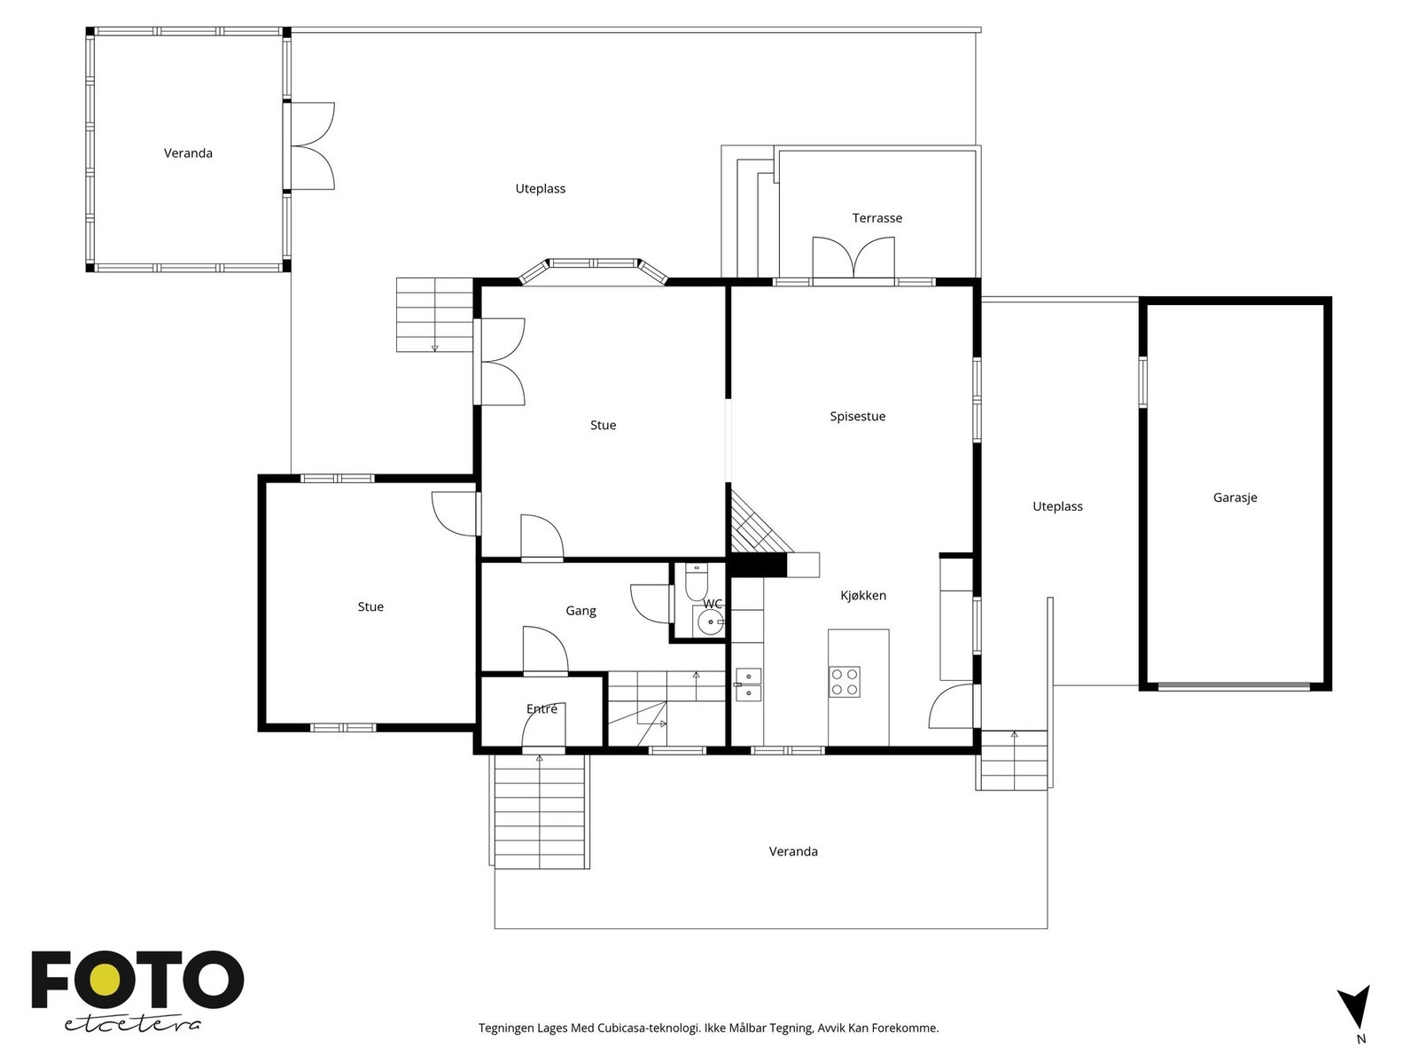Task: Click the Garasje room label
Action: click(1235, 498)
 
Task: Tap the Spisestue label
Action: click(857, 417)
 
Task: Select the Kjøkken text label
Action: click(863, 596)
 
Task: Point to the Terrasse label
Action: click(877, 218)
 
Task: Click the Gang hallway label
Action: click(580, 611)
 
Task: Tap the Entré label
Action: click(541, 708)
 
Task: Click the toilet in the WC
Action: click(697, 582)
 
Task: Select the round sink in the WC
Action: click(711, 622)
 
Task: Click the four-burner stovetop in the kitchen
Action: click(845, 682)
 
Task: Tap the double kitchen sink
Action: click(748, 685)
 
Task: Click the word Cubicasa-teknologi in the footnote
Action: click(649, 1028)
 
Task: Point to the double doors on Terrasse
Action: click(853, 258)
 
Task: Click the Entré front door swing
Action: click(543, 727)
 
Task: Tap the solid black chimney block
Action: click(758, 566)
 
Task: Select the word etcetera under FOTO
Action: click(132, 1025)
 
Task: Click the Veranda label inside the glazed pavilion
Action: click(188, 153)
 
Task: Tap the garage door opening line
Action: click(1235, 686)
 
